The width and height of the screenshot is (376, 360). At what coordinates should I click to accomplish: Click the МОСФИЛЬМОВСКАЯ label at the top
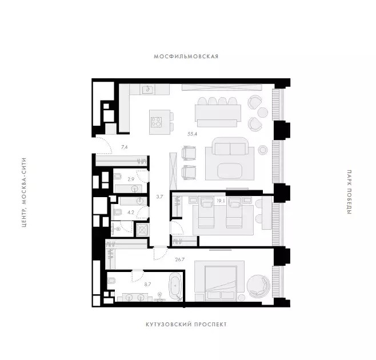(186, 57)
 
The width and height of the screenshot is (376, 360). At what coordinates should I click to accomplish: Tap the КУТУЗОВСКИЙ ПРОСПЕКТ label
(186, 325)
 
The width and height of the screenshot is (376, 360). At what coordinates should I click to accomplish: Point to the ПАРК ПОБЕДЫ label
(349, 193)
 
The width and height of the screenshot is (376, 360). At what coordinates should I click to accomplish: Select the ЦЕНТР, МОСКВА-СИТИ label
(24, 193)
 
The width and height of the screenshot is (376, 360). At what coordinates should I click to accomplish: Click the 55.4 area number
(192, 134)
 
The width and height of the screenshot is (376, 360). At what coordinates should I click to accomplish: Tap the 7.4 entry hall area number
(124, 147)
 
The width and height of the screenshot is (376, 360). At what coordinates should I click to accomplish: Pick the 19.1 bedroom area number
(221, 201)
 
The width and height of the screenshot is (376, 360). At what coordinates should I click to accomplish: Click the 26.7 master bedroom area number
(180, 259)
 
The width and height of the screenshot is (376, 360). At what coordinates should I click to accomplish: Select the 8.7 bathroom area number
(147, 285)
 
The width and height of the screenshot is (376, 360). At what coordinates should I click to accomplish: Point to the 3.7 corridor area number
(159, 197)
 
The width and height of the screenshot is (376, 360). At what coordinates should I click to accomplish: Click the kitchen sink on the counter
(147, 90)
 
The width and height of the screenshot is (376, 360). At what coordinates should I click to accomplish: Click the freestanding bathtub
(176, 286)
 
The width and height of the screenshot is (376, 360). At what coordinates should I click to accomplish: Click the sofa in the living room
(230, 146)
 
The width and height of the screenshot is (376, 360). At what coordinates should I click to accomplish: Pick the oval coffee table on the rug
(230, 171)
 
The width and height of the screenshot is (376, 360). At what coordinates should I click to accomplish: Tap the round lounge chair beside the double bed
(258, 286)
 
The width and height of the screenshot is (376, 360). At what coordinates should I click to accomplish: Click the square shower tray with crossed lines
(142, 230)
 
